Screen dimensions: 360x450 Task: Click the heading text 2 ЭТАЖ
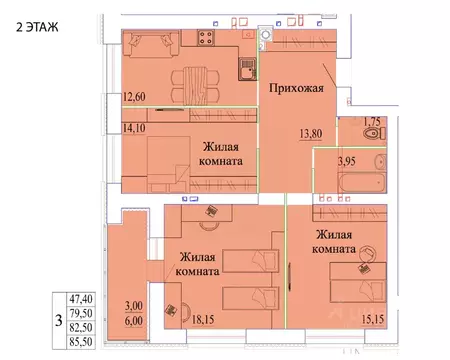click(x=34, y=27)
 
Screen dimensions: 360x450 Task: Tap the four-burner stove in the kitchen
click(x=207, y=41)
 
